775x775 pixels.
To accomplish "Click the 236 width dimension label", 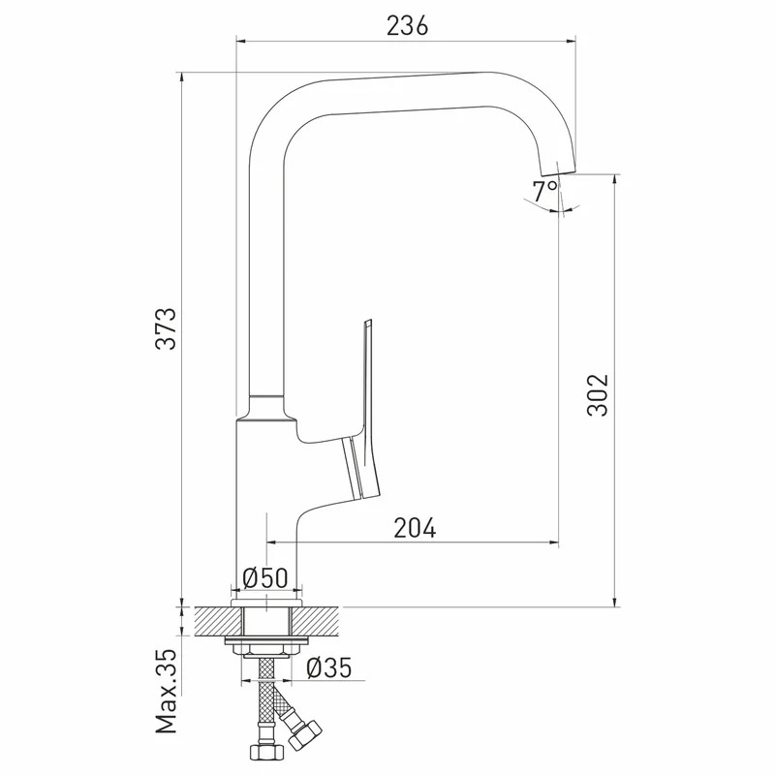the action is (407, 26).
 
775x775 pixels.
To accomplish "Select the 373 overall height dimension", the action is (166, 328).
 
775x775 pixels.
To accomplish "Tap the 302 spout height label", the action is (598, 395).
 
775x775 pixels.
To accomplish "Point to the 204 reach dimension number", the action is (416, 528).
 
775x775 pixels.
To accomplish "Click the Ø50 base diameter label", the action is (265, 577).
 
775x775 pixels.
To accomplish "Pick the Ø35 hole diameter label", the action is (329, 667).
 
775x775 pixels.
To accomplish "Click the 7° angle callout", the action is (544, 190).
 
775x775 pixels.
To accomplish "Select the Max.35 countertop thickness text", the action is (166, 691).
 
